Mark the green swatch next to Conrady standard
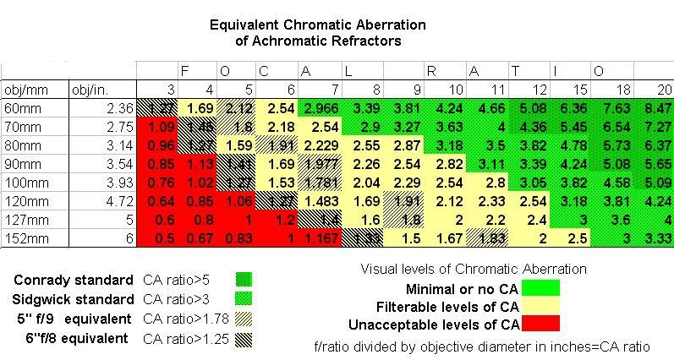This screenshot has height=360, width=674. (244, 280)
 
